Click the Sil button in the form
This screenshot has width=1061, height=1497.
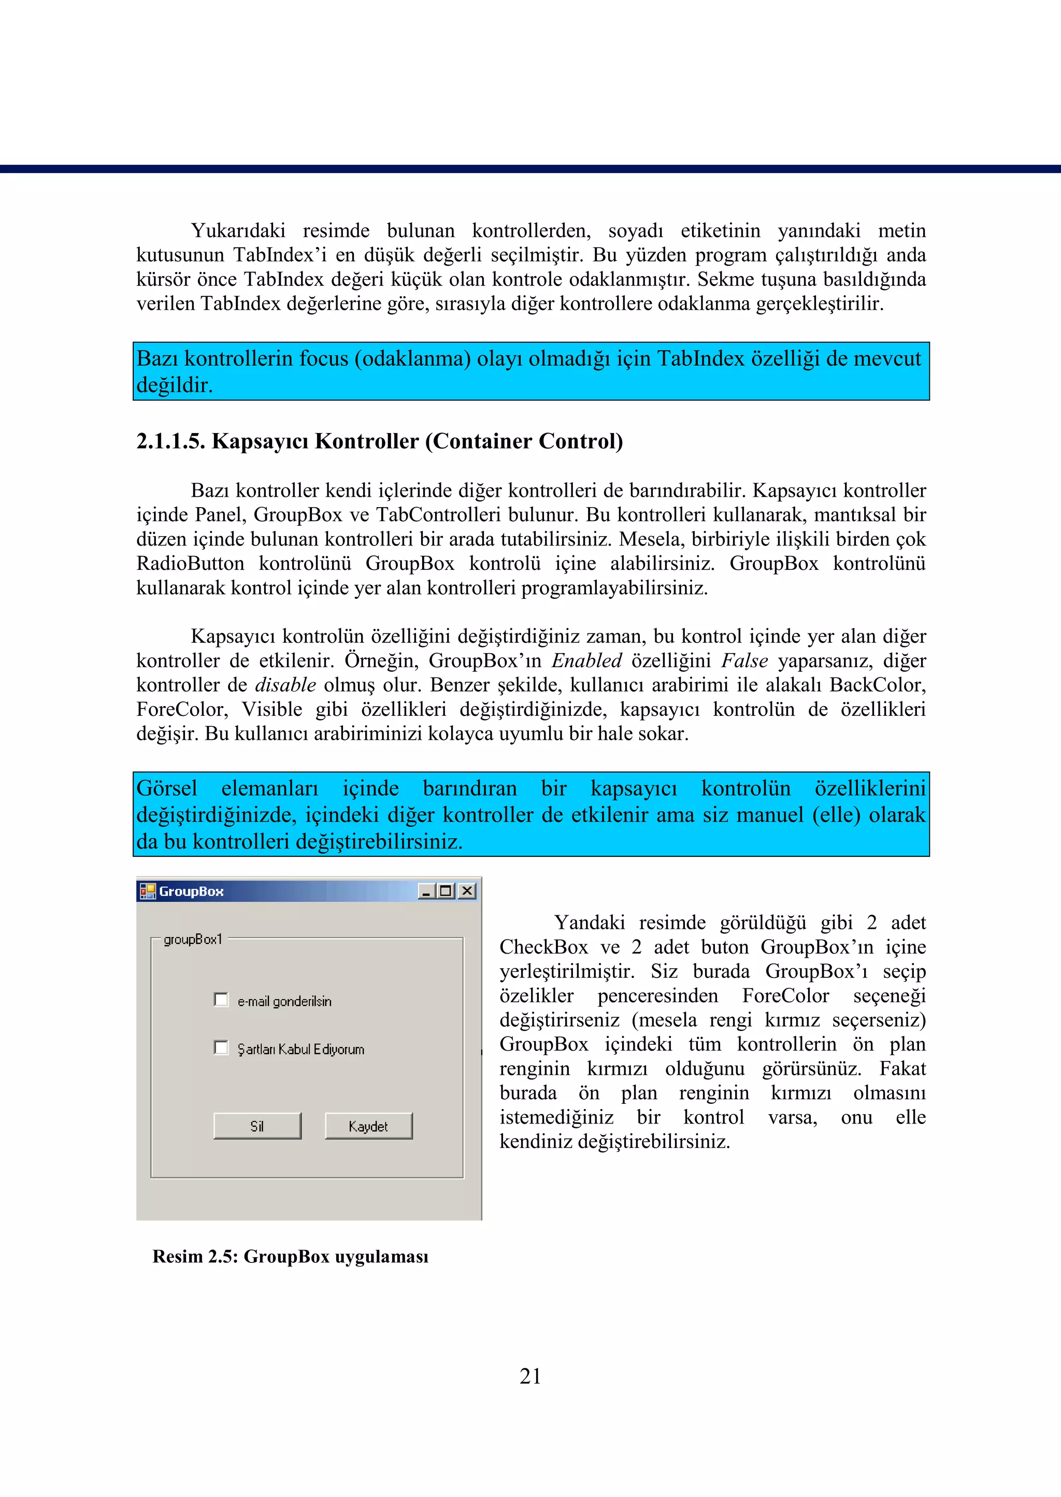coord(257,1126)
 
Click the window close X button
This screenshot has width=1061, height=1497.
coord(467,891)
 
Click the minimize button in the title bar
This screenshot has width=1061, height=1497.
coord(426,891)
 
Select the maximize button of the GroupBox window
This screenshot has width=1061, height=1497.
coord(447,891)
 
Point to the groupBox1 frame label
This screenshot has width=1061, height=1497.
coord(193,939)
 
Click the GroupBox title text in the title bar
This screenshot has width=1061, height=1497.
coord(191,891)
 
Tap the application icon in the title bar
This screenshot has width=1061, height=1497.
coord(148,891)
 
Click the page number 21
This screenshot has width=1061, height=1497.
coord(530,1377)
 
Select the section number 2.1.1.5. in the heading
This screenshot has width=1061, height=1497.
coord(170,441)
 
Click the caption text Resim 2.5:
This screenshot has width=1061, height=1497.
coord(195,1257)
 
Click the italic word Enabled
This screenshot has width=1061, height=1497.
coord(586,661)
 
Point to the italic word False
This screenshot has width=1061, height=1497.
coord(744,661)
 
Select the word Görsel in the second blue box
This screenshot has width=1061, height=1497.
coord(167,788)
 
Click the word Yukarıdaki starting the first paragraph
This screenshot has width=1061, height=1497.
coord(238,231)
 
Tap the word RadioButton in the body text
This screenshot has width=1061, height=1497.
coord(190,564)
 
